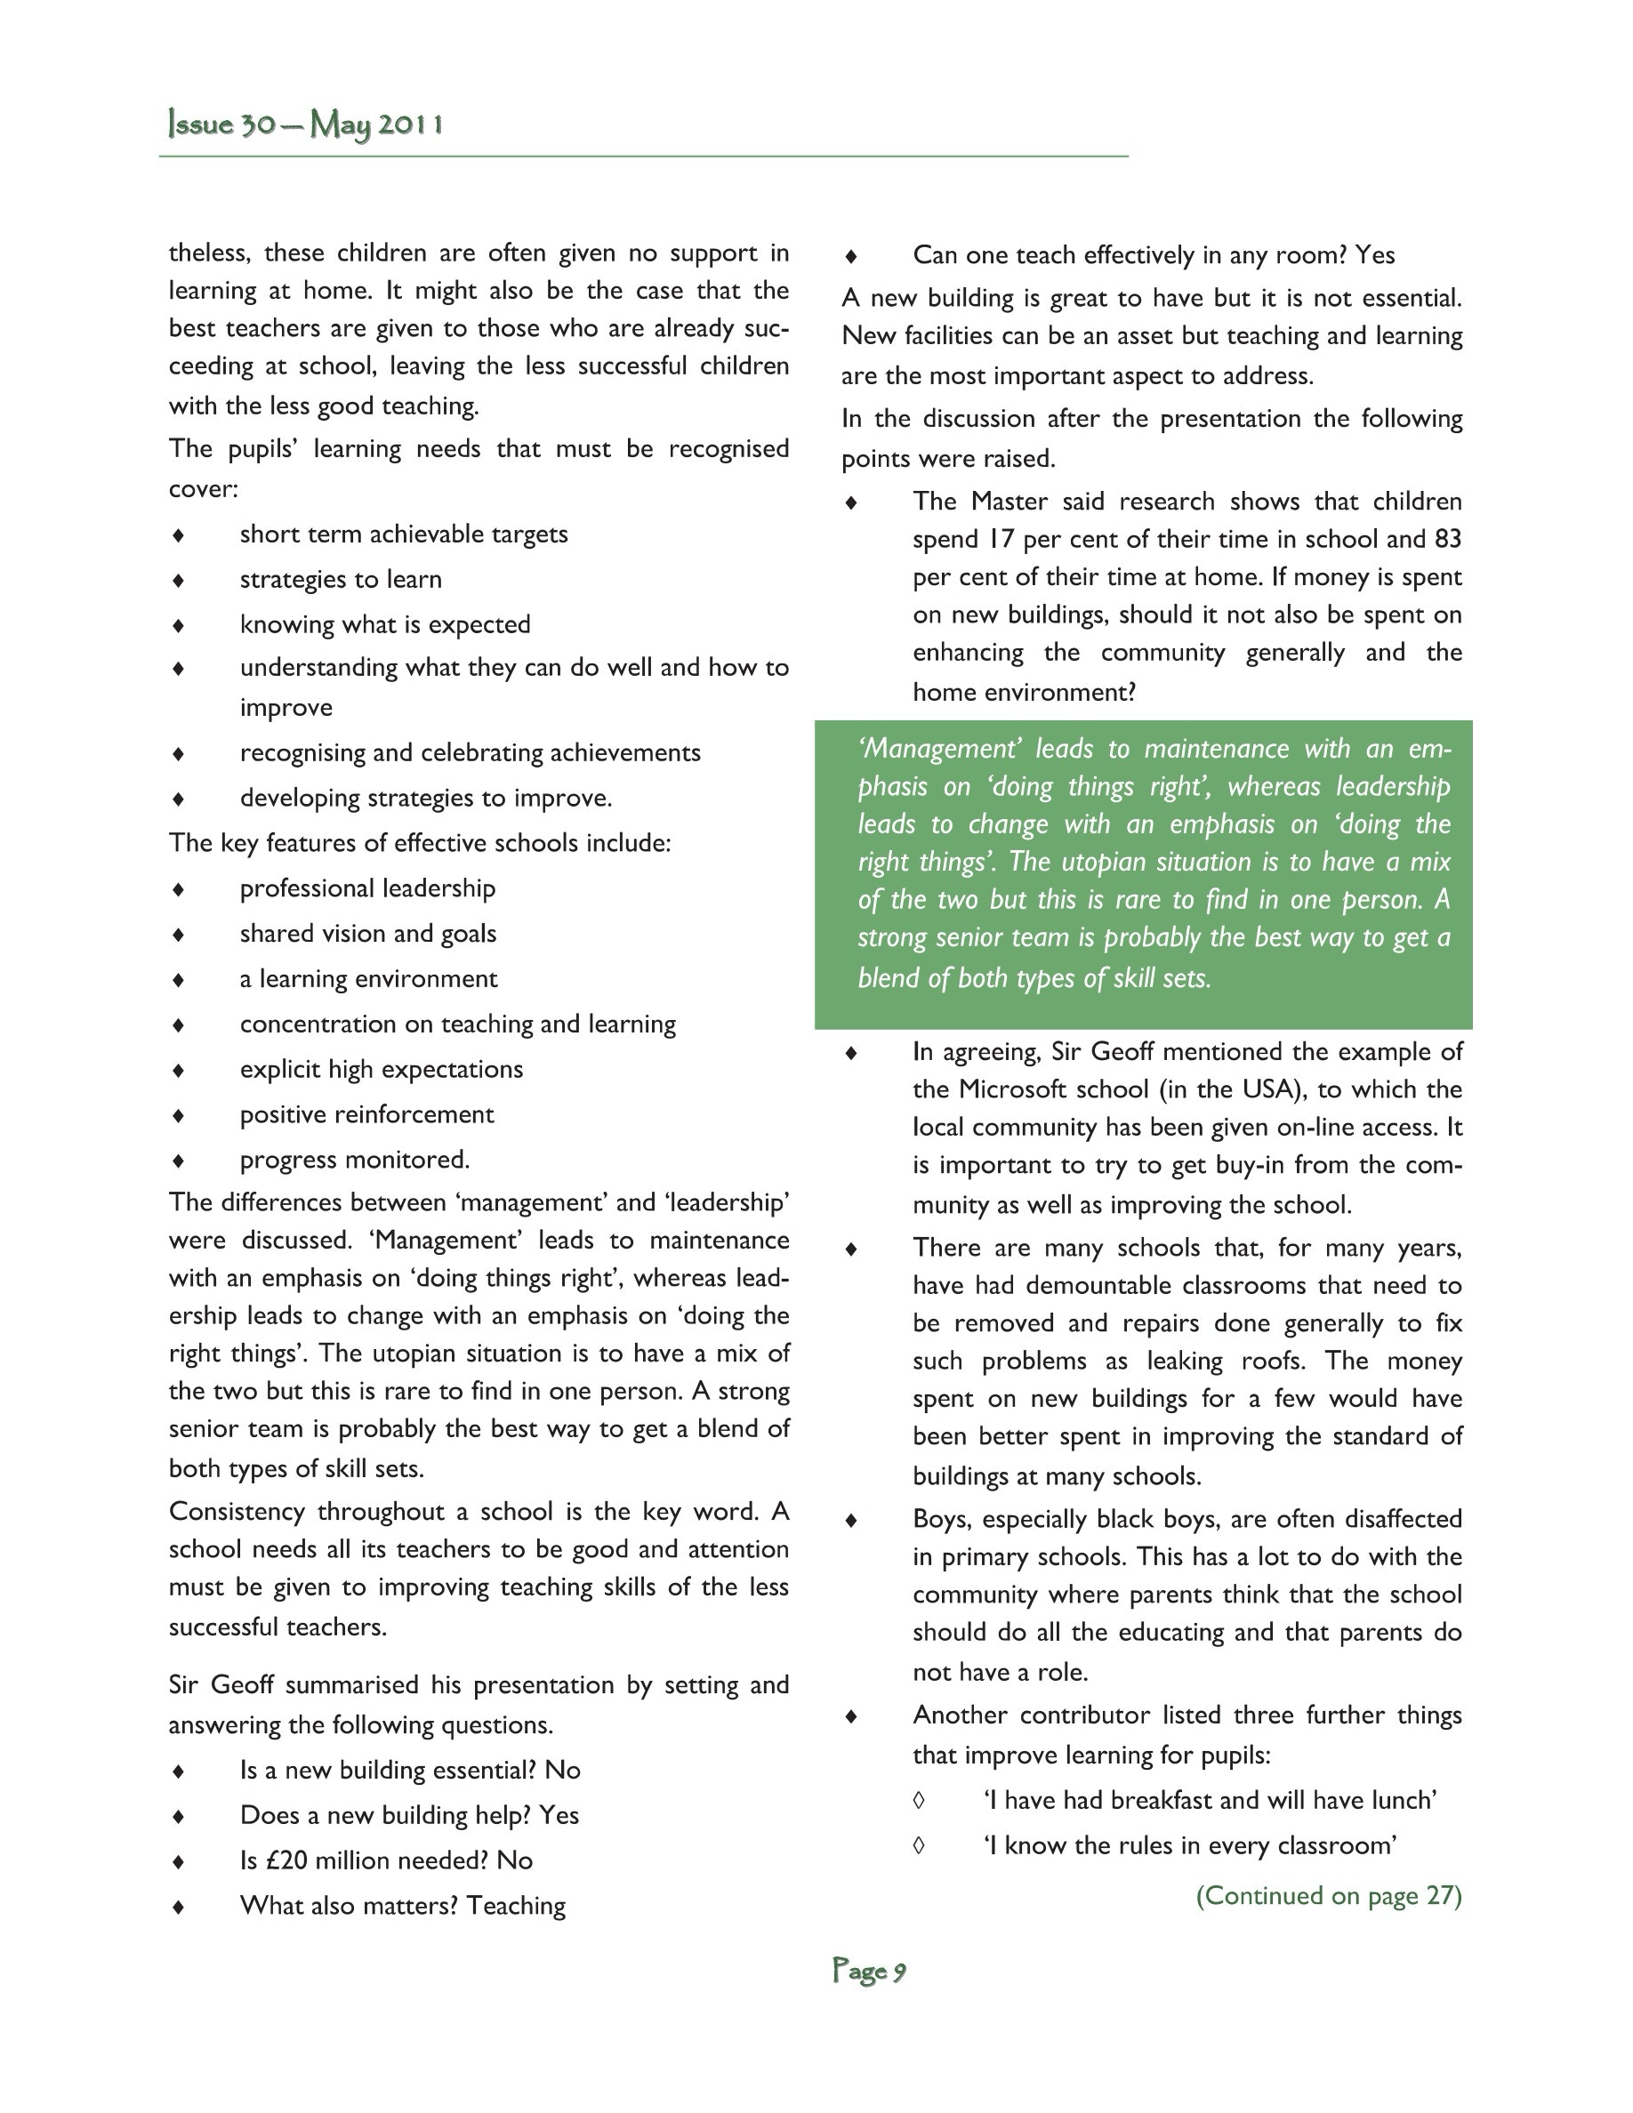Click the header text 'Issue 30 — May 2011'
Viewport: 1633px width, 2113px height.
pos(306,125)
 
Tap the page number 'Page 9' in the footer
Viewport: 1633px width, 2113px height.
pos(869,1971)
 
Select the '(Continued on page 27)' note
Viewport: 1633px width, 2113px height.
pos(1328,1895)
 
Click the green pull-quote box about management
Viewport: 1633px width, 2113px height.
pos(1143,873)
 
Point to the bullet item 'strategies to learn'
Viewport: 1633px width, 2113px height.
pos(341,580)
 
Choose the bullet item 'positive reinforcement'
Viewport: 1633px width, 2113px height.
pos(366,1114)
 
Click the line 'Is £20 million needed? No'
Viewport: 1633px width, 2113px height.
pos(386,1860)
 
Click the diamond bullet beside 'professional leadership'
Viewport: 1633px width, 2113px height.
pos(178,889)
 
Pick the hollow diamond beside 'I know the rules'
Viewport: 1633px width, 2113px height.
pos(919,1846)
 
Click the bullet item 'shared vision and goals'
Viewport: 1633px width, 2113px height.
pos(367,934)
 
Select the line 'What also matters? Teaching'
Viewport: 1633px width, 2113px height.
pos(402,1906)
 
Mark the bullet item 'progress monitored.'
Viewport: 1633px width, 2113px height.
pos(354,1160)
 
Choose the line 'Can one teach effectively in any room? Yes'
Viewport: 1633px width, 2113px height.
pos(1154,255)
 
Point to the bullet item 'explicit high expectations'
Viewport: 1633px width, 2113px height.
pos(382,1069)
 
